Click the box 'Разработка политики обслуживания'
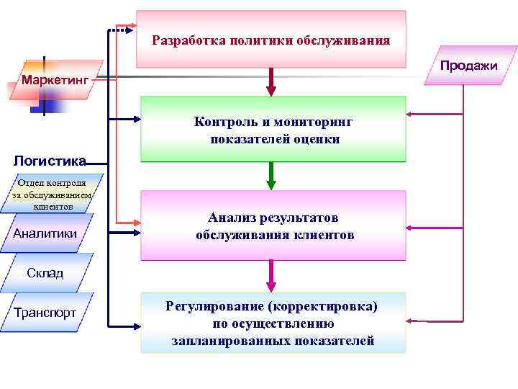tap(271, 40)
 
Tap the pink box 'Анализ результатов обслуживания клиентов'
tap(273, 225)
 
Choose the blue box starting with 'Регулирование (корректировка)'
tap(273, 323)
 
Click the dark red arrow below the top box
tap(271, 82)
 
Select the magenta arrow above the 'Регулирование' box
tap(271, 275)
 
